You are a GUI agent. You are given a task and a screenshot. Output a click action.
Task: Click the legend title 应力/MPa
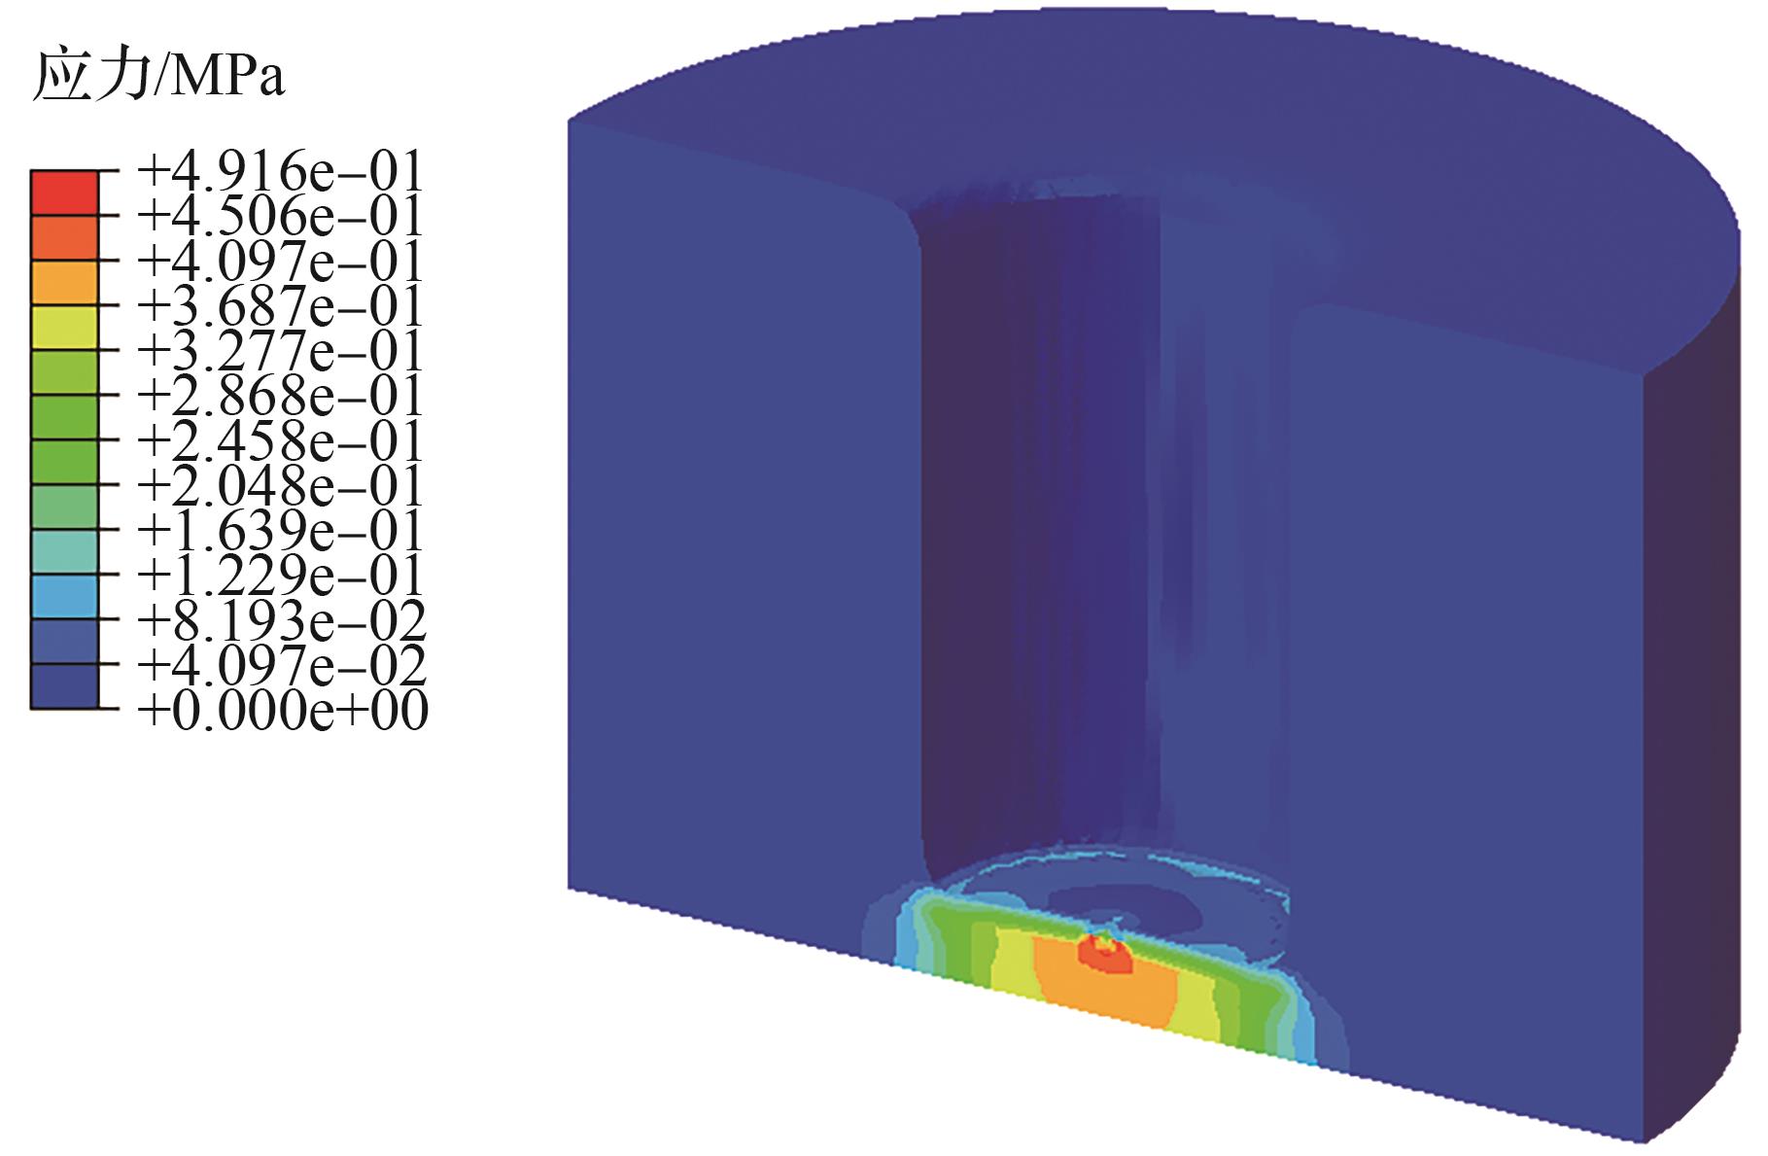point(158,76)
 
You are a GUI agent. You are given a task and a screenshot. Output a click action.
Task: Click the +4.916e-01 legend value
point(282,171)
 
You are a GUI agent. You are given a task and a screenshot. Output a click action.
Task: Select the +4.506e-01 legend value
point(282,216)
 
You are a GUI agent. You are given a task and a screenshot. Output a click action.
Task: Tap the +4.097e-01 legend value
point(282,261)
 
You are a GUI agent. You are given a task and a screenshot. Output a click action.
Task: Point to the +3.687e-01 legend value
point(282,306)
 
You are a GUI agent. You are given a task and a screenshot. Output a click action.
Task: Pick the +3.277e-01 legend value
point(282,351)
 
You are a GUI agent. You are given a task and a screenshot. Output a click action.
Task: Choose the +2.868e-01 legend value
point(282,396)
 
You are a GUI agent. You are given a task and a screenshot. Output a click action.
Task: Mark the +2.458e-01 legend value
point(282,440)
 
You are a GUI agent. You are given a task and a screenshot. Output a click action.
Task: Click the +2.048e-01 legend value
point(282,485)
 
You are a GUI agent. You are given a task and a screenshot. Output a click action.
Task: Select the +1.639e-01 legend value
point(282,531)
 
